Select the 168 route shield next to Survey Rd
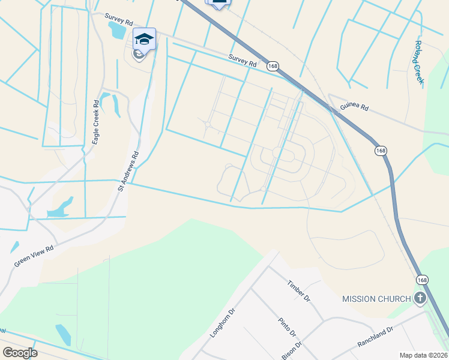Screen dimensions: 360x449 tap(273, 65)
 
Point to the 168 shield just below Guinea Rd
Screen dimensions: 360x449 tap(381, 150)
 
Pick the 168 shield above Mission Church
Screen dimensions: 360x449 tap(423, 280)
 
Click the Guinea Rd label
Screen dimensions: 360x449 tap(354, 108)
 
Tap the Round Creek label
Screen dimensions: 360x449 tap(419, 62)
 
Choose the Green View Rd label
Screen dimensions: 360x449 tap(34, 256)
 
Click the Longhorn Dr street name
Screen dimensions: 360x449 tap(220, 323)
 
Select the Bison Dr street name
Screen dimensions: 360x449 tap(291, 351)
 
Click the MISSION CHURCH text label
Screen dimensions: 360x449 tap(376, 299)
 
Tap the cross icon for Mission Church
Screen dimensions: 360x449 tap(420, 298)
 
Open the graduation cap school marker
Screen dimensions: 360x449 tap(144, 39)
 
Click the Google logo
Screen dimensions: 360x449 tap(20, 353)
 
